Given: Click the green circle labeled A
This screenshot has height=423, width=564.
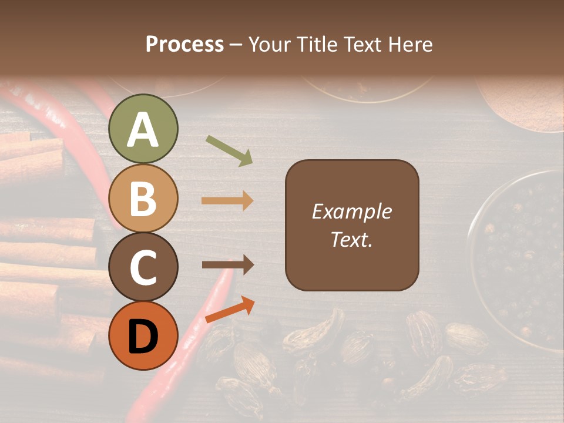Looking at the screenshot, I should [143, 129].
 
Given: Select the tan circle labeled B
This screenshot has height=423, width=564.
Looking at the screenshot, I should [143, 197].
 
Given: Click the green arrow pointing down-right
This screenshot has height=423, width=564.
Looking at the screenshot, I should [229, 150].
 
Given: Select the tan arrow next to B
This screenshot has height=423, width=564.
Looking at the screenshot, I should [227, 201].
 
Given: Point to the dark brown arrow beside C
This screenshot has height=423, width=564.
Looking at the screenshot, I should [227, 265].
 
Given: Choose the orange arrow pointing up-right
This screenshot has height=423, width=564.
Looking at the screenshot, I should [230, 310].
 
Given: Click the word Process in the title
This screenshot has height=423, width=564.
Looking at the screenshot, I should [184, 44].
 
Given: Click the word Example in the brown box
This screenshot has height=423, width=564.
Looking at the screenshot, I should [351, 211].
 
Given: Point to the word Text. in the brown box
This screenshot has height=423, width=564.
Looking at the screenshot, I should [351, 239].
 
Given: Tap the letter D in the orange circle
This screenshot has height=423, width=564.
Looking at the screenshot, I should [143, 336].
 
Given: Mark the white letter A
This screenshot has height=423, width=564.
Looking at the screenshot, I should [143, 130].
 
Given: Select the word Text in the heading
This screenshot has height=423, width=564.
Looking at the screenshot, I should [363, 44].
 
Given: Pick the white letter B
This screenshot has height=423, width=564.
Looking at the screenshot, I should [143, 199].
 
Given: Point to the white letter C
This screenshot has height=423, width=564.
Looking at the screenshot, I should [143, 267].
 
